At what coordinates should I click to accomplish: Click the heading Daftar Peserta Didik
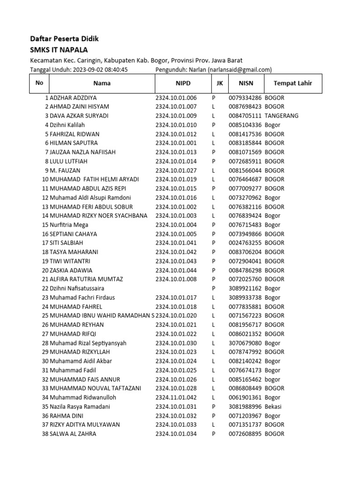click(x=64, y=39)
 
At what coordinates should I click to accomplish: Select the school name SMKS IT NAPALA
click(x=59, y=50)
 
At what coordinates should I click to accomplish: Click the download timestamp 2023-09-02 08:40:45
click(x=100, y=69)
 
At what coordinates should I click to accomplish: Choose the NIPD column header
click(x=183, y=83)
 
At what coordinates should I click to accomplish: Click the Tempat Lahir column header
click(x=292, y=83)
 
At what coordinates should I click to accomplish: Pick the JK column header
click(x=219, y=83)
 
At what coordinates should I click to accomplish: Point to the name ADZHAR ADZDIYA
click(x=73, y=98)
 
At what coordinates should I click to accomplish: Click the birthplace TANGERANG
click(x=281, y=116)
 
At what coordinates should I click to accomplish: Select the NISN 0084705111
click(x=245, y=116)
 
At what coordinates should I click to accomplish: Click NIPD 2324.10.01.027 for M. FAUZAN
click(x=176, y=170)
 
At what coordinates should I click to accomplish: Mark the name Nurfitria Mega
click(x=69, y=225)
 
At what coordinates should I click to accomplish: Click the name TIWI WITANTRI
click(x=70, y=261)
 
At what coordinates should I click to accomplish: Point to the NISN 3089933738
click(x=245, y=297)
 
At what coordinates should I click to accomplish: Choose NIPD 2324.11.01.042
click(x=176, y=397)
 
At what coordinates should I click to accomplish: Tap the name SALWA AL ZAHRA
click(x=73, y=434)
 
